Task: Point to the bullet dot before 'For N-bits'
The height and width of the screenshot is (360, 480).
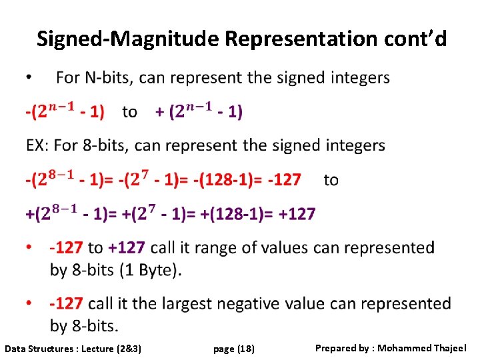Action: [28, 78]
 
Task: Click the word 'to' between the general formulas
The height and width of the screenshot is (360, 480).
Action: [130, 112]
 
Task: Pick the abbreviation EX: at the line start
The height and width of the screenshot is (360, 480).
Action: [38, 145]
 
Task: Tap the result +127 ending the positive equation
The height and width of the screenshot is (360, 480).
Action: [297, 214]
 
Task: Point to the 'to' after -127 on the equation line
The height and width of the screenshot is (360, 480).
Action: [331, 179]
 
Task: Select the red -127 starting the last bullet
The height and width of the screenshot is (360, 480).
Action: [66, 304]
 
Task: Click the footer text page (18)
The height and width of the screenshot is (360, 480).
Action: [234, 349]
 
